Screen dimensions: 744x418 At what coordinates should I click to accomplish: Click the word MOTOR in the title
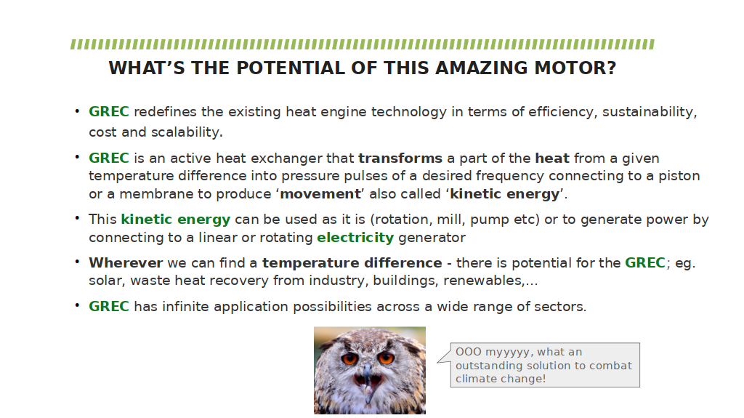click(x=575, y=68)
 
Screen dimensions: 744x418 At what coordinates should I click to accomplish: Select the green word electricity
click(x=355, y=237)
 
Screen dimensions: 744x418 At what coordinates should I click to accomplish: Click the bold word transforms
click(x=400, y=158)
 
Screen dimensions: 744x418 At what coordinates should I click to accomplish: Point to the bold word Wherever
click(x=126, y=262)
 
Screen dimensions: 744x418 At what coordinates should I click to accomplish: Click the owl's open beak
click(x=367, y=380)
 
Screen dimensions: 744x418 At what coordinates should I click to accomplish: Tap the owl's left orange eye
click(x=349, y=358)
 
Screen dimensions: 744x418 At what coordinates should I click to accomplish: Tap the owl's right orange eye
click(x=386, y=357)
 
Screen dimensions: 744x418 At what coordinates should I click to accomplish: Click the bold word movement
click(x=320, y=194)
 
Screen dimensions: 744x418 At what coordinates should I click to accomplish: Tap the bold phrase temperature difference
click(x=352, y=262)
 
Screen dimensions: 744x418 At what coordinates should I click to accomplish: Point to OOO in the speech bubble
click(x=469, y=352)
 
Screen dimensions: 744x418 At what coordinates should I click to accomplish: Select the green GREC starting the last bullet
click(x=109, y=306)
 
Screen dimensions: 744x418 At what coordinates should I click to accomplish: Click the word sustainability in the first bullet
click(x=650, y=112)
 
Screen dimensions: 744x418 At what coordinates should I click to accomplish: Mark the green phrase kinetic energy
click(x=176, y=220)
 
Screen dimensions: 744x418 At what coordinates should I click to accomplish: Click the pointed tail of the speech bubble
click(x=438, y=361)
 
